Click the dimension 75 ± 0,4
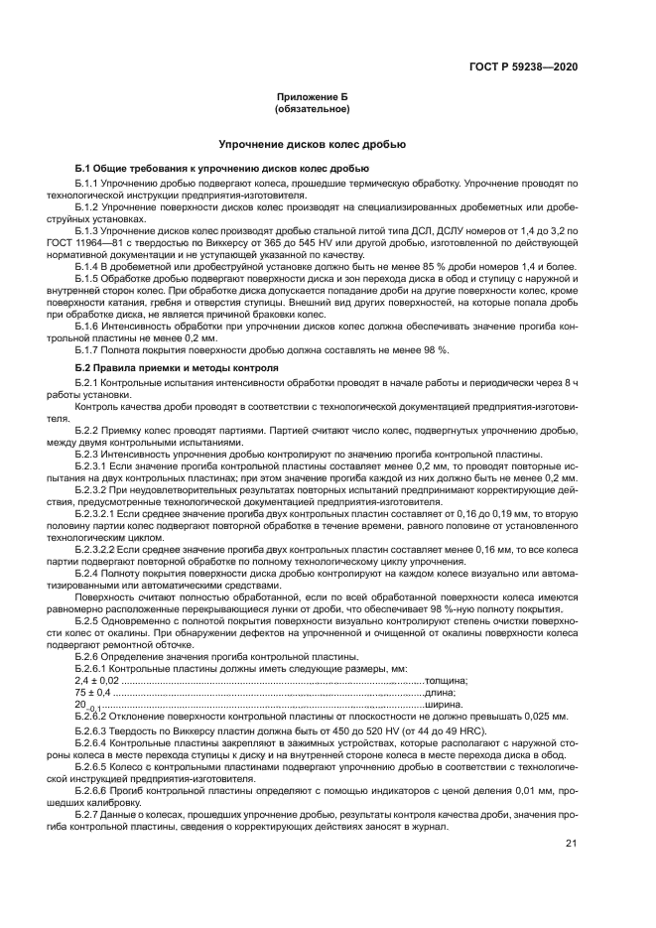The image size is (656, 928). coord(93,692)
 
